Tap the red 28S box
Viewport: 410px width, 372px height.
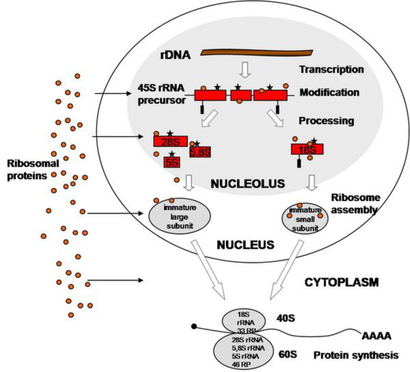coord(170,142)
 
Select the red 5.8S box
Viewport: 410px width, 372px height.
coord(200,152)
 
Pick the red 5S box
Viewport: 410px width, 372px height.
coord(172,162)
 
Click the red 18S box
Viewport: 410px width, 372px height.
coord(307,149)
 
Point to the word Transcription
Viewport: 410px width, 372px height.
coord(331,69)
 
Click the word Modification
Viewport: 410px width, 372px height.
coord(329,92)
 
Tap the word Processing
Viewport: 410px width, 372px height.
coord(326,121)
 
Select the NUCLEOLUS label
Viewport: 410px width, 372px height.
coord(248,184)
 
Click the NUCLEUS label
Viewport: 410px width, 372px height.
coord(245,245)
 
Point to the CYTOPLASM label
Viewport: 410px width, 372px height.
coord(341,282)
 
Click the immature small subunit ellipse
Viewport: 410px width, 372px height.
coord(305,219)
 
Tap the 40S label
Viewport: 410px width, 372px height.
coord(286,318)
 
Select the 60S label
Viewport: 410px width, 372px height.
coord(288,354)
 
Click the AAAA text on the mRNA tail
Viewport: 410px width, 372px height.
coord(376,336)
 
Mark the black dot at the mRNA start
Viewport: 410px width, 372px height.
coord(194,327)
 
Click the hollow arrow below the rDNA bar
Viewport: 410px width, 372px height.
coord(245,70)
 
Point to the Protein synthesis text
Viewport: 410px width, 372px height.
coord(356,355)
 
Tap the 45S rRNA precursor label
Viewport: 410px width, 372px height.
coord(161,94)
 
